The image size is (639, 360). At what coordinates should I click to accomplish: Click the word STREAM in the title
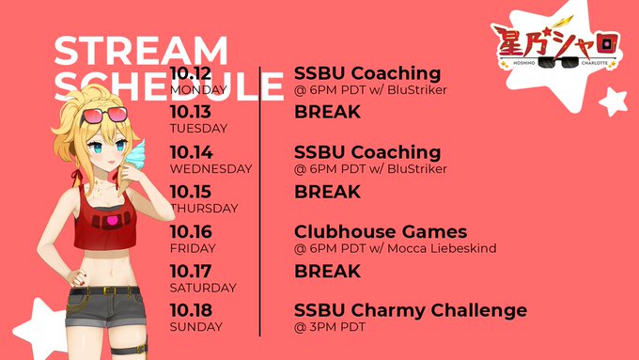coord(141,51)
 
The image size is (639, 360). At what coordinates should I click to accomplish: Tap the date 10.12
coord(191,73)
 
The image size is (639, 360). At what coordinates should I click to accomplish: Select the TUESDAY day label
coord(198,129)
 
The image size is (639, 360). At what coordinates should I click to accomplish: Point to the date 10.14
coord(191,152)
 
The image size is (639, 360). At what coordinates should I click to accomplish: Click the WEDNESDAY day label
coord(211,169)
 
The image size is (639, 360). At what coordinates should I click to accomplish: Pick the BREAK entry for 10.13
coord(327,112)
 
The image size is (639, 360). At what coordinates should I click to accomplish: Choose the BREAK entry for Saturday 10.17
coord(327,271)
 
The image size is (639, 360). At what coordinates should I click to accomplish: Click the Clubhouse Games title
coord(381,231)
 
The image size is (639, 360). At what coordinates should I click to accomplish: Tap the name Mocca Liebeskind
coord(442,248)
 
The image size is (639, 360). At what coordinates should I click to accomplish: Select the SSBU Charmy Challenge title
coord(411,310)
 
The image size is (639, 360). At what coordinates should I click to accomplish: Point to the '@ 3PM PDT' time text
coord(329,327)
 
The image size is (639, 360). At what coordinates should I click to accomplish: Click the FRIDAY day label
coord(193,248)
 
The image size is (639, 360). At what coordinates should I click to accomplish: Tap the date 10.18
coord(191,310)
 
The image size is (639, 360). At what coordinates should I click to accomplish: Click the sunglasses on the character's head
coord(104,115)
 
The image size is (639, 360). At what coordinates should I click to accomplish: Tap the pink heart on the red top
coord(112,222)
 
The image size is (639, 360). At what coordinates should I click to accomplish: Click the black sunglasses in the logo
coord(558,62)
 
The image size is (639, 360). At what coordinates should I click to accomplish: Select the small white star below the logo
coord(613,102)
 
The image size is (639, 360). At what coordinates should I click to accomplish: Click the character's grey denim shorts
coord(105,307)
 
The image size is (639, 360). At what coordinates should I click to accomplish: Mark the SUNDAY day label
coord(196,327)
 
